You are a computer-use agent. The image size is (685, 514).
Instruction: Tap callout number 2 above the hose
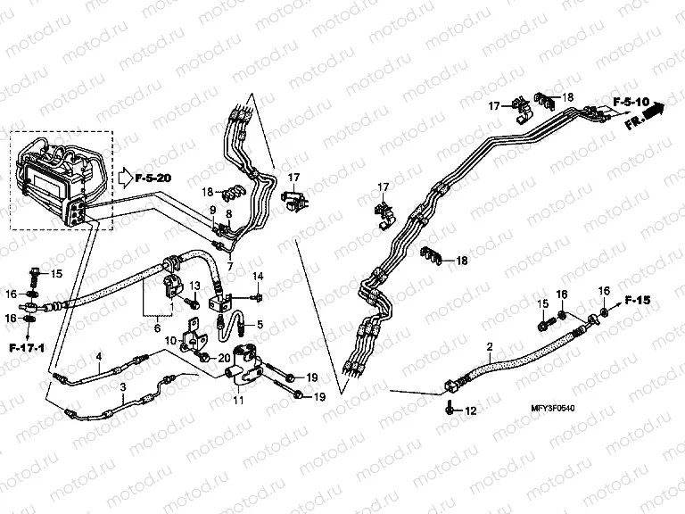489,344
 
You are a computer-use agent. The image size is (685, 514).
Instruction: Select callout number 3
121,385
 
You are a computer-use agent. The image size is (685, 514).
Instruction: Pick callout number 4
99,357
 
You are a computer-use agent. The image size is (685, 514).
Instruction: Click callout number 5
260,324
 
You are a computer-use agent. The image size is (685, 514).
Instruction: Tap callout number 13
195,285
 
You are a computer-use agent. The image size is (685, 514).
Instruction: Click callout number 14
258,275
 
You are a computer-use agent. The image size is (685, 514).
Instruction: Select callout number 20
225,358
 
